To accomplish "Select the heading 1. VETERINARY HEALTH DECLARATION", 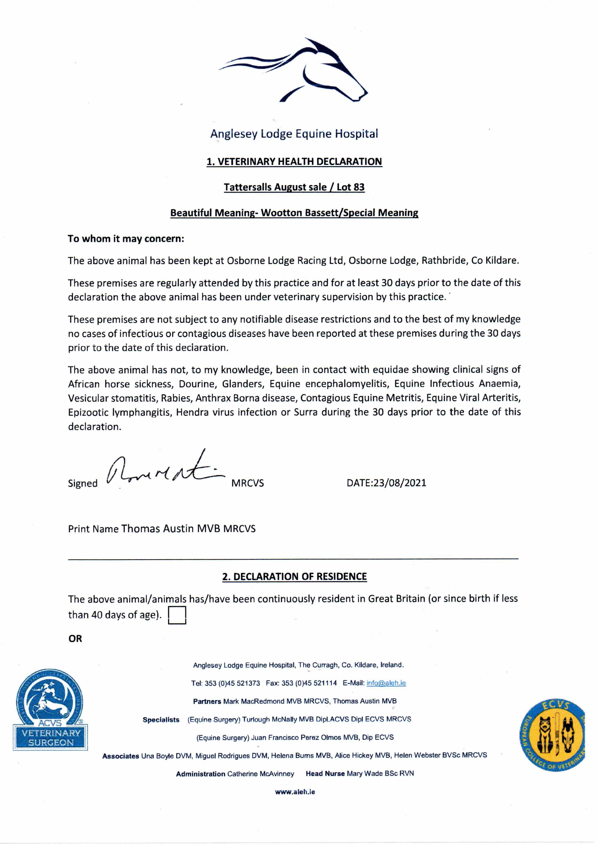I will pyautogui.click(x=294, y=162).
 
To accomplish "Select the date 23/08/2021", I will pyautogui.click(x=400, y=483).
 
